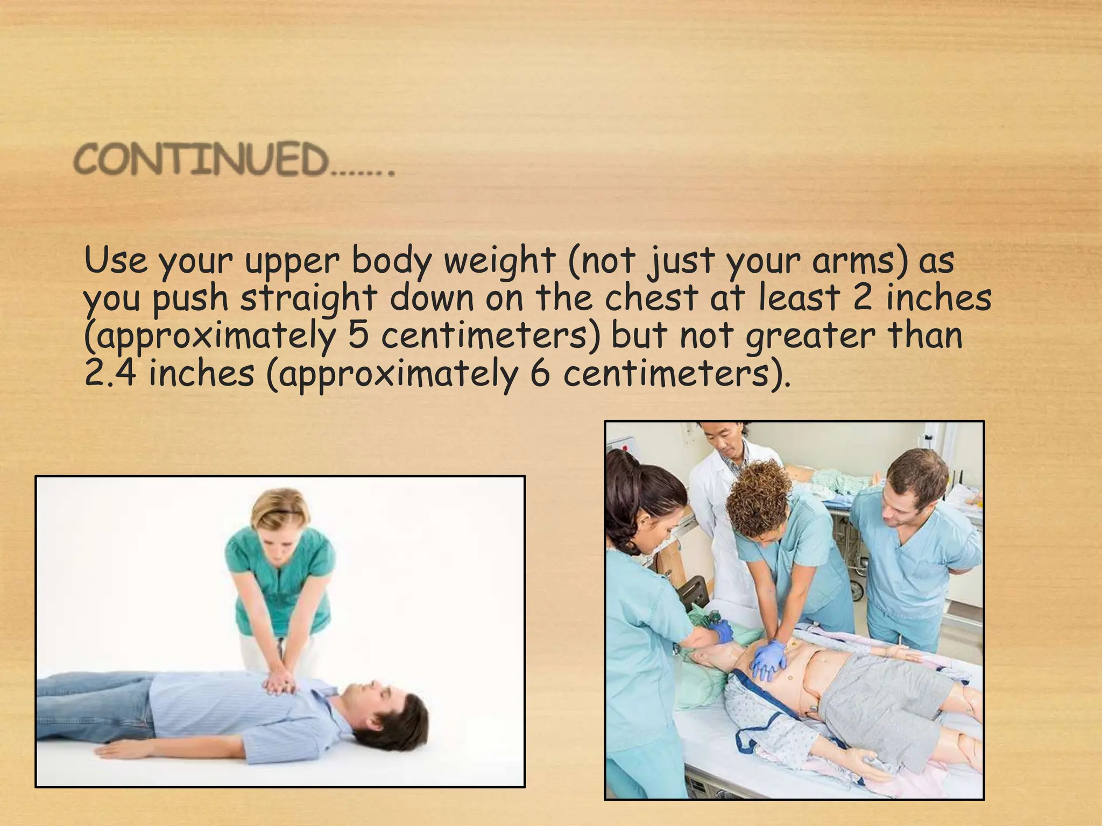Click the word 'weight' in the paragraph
coord(500,261)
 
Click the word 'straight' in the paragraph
coord(307,299)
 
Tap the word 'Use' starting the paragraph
coord(116,261)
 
